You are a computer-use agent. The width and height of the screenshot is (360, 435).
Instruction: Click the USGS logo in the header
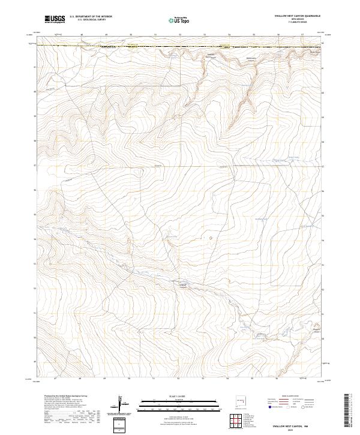point(54,20)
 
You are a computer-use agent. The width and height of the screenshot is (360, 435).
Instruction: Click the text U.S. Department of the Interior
point(91,17)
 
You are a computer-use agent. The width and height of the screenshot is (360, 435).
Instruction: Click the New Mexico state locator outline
point(245,399)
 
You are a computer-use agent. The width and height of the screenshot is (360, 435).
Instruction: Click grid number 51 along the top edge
point(155,35)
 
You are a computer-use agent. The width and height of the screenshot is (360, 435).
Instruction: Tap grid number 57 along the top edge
point(302,35)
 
